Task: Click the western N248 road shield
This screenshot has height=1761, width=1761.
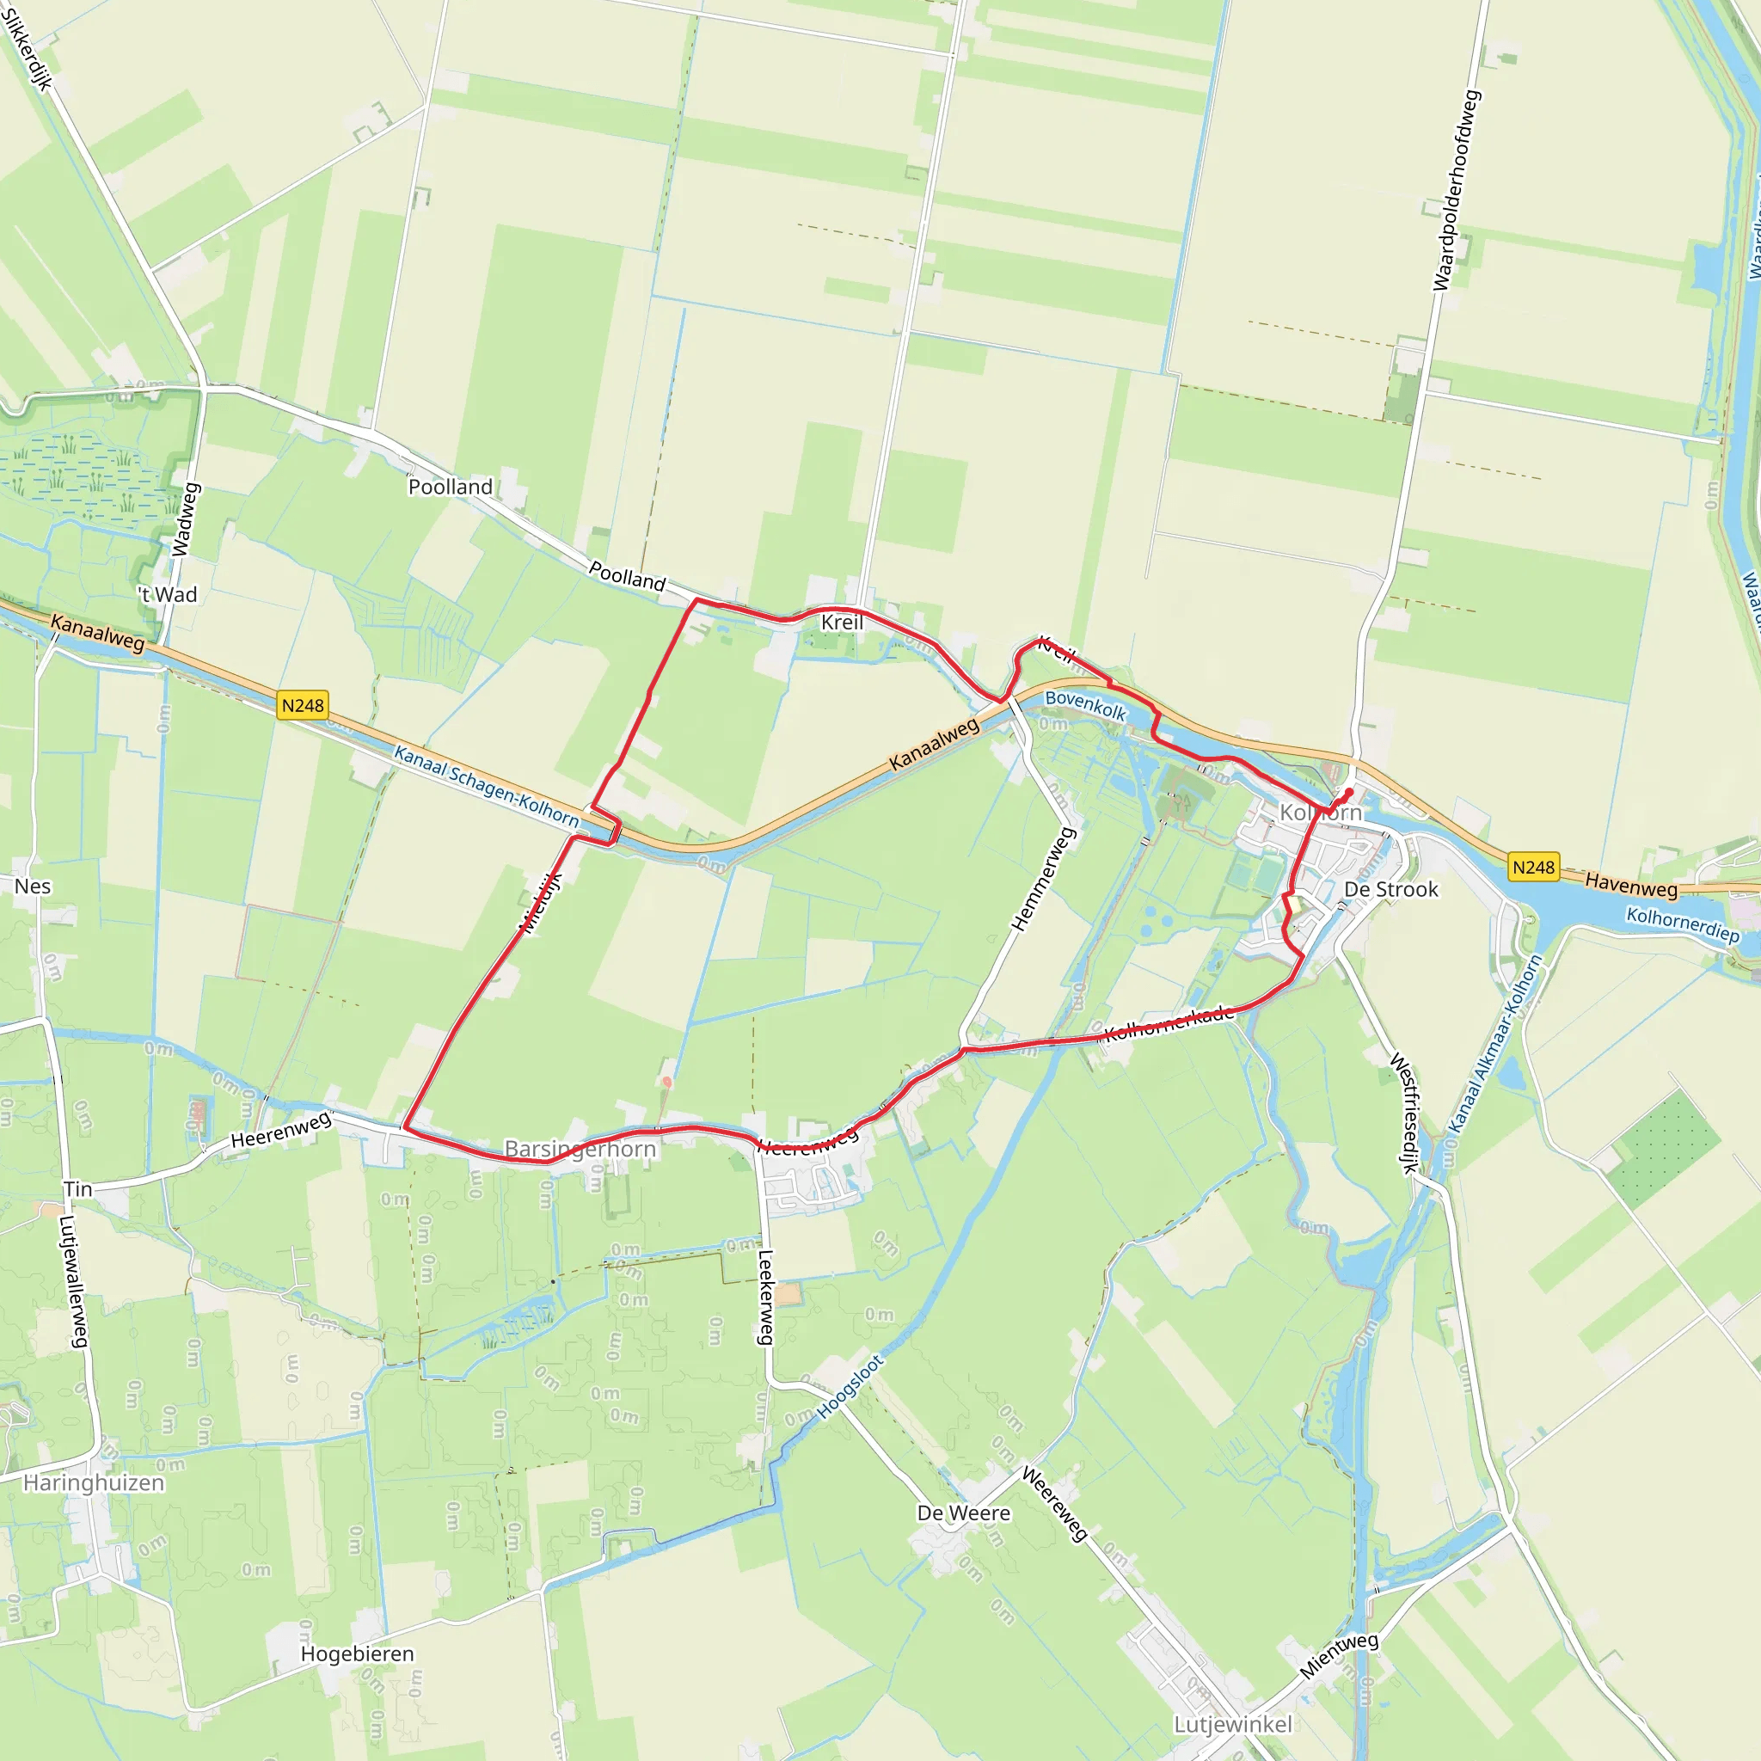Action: click(x=303, y=705)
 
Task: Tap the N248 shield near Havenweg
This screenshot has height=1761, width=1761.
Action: click(x=1533, y=867)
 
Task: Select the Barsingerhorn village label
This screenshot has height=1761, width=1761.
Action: click(x=580, y=1149)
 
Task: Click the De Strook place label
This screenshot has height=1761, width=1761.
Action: click(x=1391, y=890)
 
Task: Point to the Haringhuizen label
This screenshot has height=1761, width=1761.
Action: click(x=94, y=1483)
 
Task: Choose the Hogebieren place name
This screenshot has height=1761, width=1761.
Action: click(x=358, y=1654)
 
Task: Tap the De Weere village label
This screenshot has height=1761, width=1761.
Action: click(x=963, y=1513)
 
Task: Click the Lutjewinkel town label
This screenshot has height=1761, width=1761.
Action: click(x=1232, y=1725)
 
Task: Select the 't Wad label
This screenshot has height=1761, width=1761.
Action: click(x=168, y=595)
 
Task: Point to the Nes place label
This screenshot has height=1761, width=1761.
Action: click(x=33, y=886)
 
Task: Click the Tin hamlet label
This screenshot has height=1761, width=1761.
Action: click(x=77, y=1188)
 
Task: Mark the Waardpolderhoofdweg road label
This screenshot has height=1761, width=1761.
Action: click(x=1457, y=189)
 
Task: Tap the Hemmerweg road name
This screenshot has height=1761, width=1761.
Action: click(x=1045, y=879)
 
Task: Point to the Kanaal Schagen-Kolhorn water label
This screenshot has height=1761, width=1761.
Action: click(x=486, y=786)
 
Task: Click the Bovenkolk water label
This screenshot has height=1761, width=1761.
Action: click(x=1086, y=704)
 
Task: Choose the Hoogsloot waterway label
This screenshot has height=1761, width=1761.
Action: click(x=850, y=1386)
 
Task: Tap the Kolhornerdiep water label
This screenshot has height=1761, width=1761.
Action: click(x=1683, y=924)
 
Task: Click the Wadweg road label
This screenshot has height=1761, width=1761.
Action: click(x=185, y=519)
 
